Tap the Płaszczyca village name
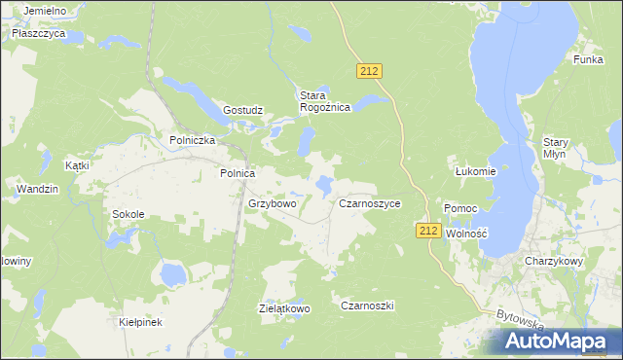tap(39, 32)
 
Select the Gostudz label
tap(243, 110)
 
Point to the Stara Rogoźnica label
tap(324, 101)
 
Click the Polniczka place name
tap(192, 139)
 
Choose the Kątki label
tap(77, 165)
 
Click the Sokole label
tap(128, 214)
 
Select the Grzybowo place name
tap(272, 204)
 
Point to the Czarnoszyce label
tap(370, 204)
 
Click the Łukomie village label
tap(476, 171)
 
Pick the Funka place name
tap(589, 59)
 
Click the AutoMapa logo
tap(561, 342)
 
